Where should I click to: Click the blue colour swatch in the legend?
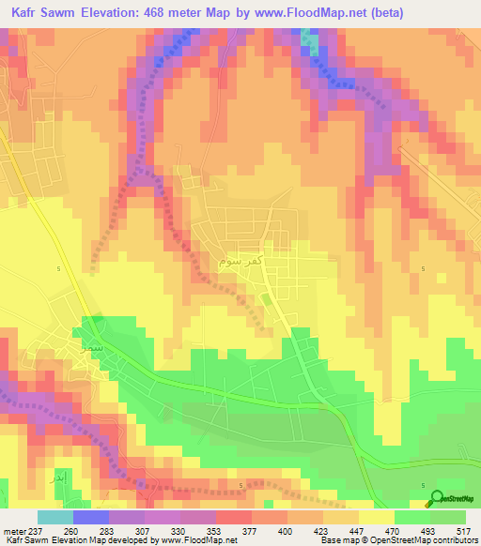91,517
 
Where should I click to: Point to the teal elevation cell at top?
310,37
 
